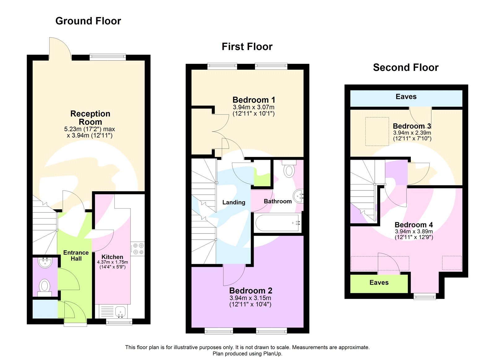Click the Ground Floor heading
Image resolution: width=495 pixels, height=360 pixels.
pyautogui.click(x=88, y=21)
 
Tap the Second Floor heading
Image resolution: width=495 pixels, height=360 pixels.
pyautogui.click(x=406, y=67)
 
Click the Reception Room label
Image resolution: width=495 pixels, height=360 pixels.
pyautogui.click(x=90, y=118)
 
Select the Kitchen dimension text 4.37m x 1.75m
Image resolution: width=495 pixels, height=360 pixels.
pyautogui.click(x=112, y=262)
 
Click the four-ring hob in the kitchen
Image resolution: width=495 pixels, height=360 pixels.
pyautogui.click(x=138, y=249)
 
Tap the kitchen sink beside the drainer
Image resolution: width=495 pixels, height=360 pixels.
pyautogui.click(x=120, y=311)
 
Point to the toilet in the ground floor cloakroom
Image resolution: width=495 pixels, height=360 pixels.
pyautogui.click(x=45, y=286)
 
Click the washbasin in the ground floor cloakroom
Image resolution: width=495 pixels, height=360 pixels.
pyautogui.click(x=45, y=262)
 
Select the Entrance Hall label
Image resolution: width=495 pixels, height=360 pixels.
pyautogui.click(x=76, y=256)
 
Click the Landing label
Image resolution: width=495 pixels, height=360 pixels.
pyautogui.click(x=234, y=202)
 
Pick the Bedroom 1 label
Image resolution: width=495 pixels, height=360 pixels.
pyautogui.click(x=254, y=100)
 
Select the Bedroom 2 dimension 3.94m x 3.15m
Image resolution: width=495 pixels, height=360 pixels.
pyautogui.click(x=250, y=298)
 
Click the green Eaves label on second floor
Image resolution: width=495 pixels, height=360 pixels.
pyautogui.click(x=379, y=282)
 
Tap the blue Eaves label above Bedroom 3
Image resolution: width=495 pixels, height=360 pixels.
pyautogui.click(x=406, y=97)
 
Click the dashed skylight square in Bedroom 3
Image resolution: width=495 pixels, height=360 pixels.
pyautogui.click(x=377, y=131)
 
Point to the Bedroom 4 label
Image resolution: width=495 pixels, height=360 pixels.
pyautogui.click(x=414, y=225)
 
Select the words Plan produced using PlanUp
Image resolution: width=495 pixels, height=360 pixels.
pyautogui.click(x=247, y=353)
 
